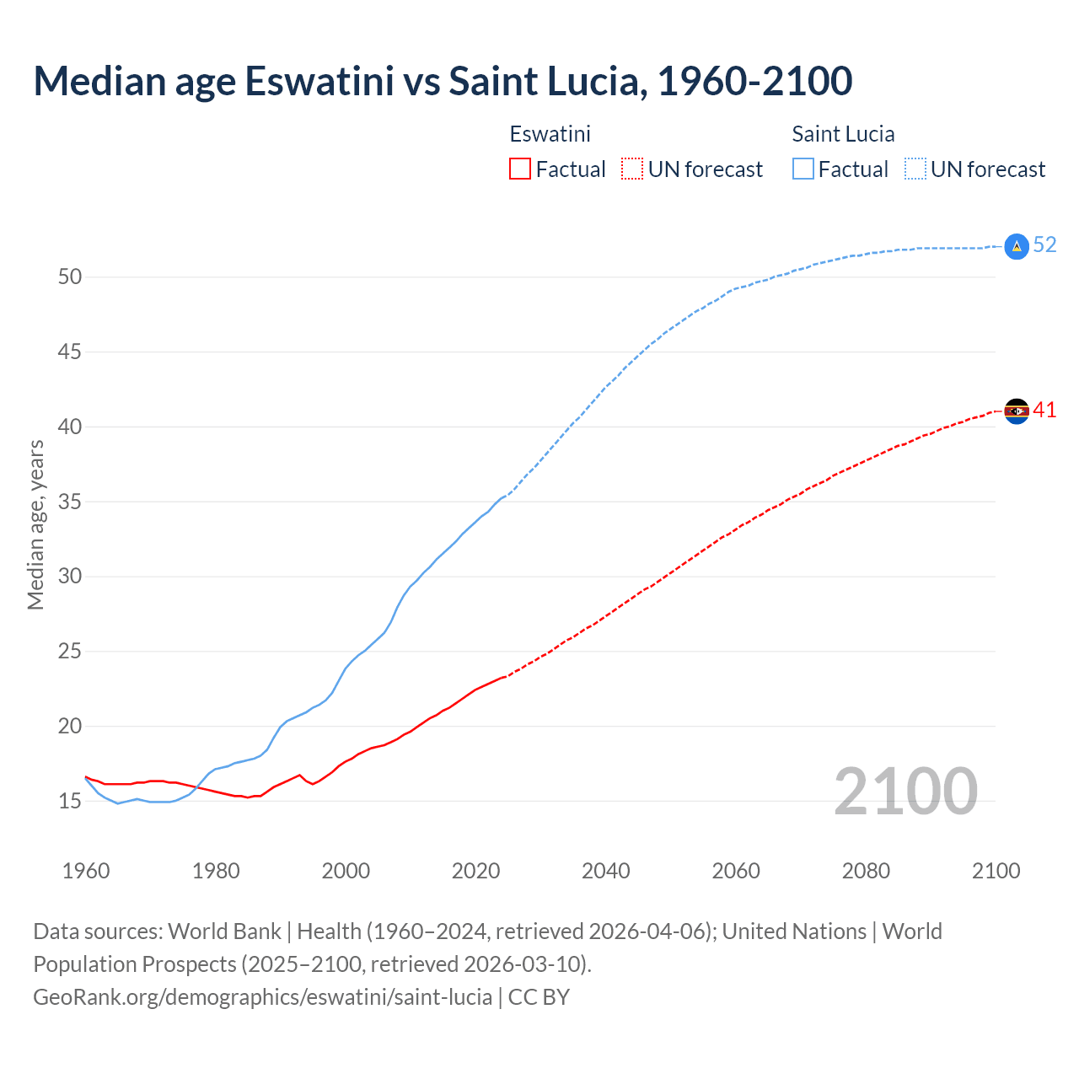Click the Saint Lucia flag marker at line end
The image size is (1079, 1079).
point(1017,245)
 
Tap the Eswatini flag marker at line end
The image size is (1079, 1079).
point(1017,411)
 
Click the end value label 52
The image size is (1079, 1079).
point(1044,244)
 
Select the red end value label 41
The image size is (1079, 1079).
point(1044,411)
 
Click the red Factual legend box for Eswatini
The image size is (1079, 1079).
point(520,169)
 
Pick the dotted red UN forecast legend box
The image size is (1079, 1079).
point(632,169)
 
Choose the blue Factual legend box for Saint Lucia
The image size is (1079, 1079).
point(803,169)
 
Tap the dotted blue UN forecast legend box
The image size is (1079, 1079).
point(915,169)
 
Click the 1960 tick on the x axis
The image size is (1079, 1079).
point(86,871)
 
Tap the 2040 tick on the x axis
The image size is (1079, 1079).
point(606,871)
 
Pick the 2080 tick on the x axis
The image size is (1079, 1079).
point(866,871)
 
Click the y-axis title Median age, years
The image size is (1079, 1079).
point(35,524)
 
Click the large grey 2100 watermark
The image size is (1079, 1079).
point(905,792)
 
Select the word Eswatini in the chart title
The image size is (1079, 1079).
point(319,81)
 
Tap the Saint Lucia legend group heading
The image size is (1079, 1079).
point(843,134)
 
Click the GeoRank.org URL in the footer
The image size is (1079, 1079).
point(262,997)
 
